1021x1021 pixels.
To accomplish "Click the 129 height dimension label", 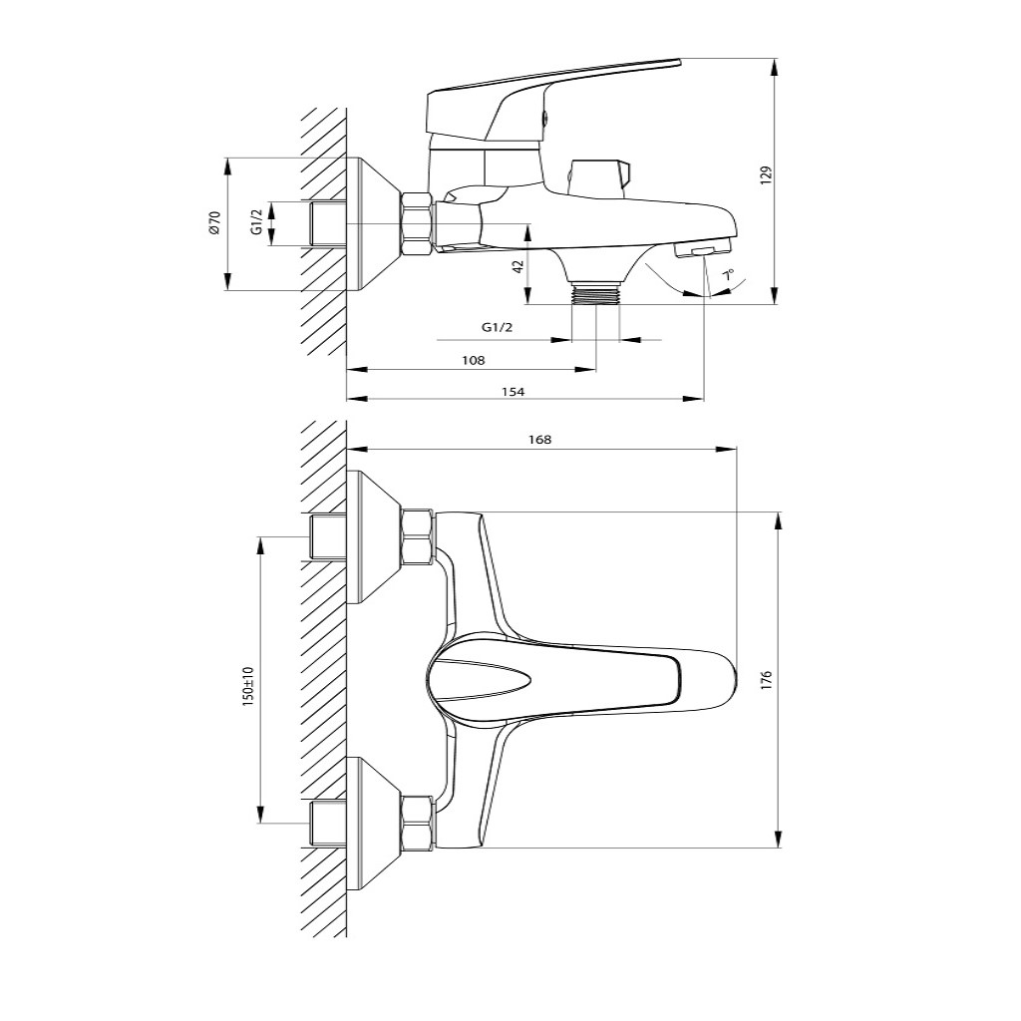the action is click(x=767, y=175).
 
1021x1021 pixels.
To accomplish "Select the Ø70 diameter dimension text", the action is click(x=215, y=222).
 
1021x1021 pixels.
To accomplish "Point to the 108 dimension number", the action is click(x=474, y=360).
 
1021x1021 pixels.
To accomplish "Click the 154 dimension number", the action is click(x=513, y=391).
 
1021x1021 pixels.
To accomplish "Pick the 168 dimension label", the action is click(x=539, y=440).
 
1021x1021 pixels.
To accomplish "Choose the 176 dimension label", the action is click(x=767, y=679).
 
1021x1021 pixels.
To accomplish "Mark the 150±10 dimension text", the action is click(x=248, y=686).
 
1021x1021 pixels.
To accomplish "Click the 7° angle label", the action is click(x=728, y=275).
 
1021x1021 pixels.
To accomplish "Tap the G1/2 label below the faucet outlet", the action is click(x=497, y=327).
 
